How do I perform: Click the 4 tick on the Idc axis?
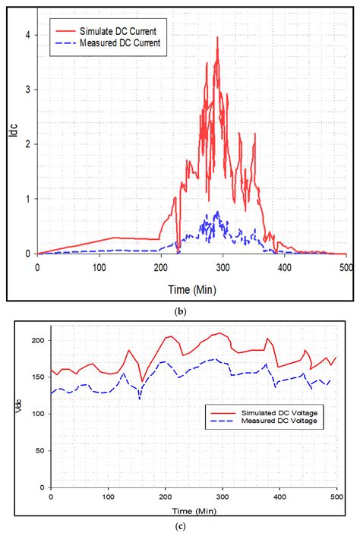(27, 35)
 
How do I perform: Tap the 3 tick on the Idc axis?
(27, 90)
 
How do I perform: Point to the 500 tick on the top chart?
(346, 266)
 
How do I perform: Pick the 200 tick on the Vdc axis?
(37, 340)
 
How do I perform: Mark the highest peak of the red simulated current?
(218, 37)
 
